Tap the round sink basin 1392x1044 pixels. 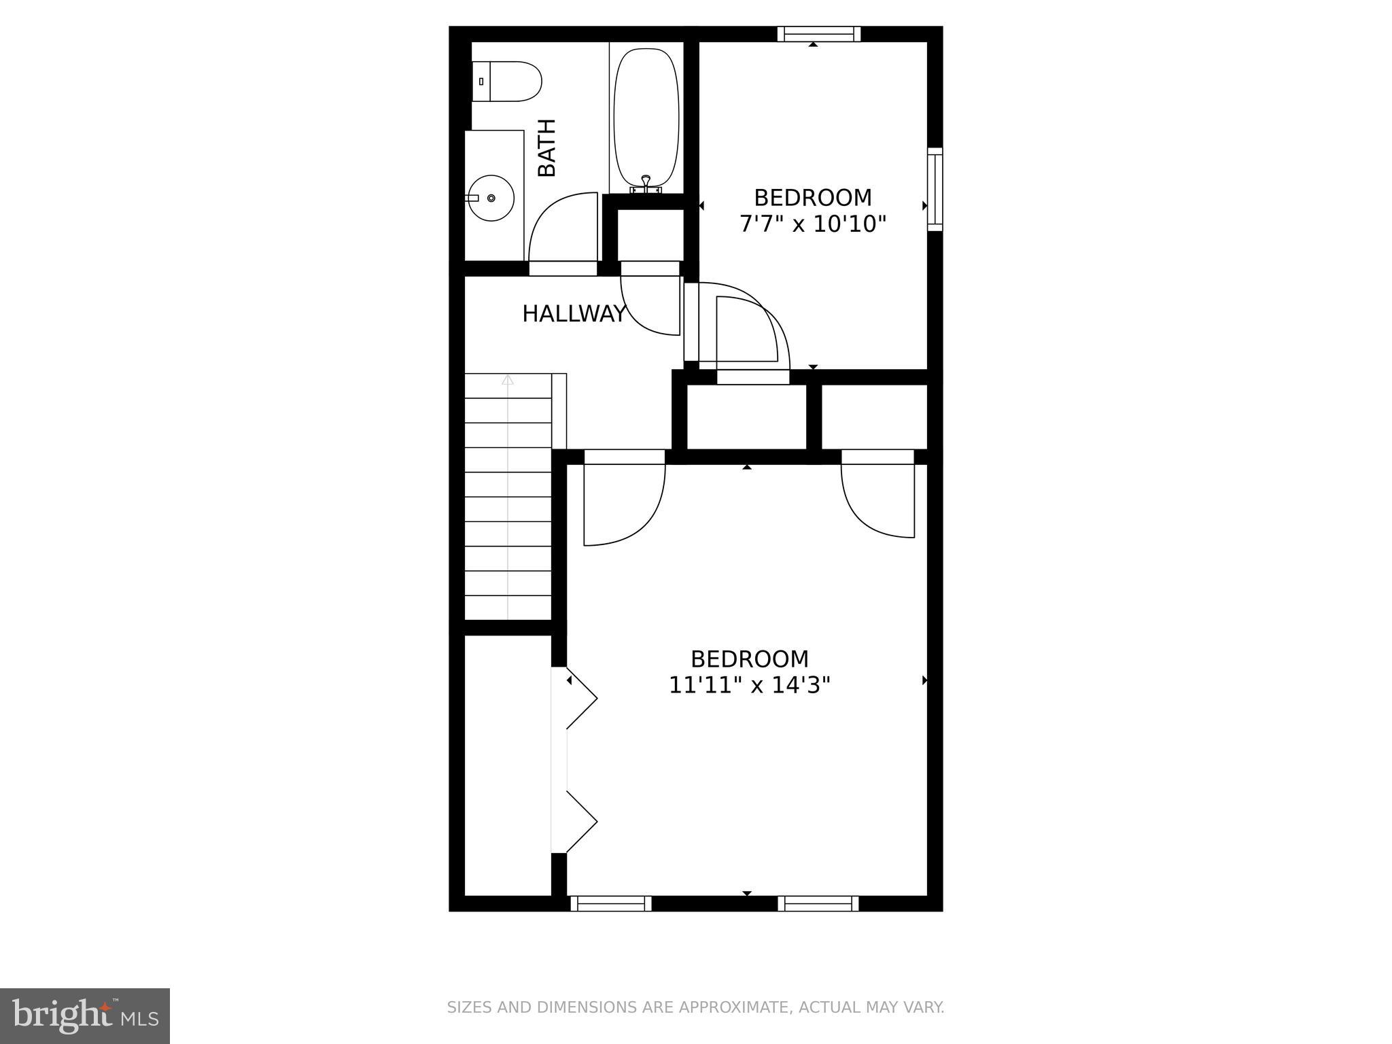pyautogui.click(x=491, y=198)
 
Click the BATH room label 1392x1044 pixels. pyautogui.click(x=547, y=147)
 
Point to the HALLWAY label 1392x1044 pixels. pyautogui.click(x=574, y=314)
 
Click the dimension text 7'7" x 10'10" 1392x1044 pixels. pyautogui.click(x=813, y=224)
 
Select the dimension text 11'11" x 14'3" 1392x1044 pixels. pyautogui.click(x=749, y=686)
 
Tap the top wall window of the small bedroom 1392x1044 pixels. pyautogui.click(x=818, y=34)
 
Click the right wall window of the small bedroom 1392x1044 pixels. pyautogui.click(x=935, y=189)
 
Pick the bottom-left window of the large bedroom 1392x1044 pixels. pyautogui.click(x=610, y=903)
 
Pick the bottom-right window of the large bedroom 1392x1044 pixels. pyautogui.click(x=818, y=903)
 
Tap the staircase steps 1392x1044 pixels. pyautogui.click(x=508, y=503)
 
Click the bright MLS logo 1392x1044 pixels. pyautogui.click(x=84, y=1015)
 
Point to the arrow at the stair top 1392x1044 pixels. pyautogui.click(x=508, y=381)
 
